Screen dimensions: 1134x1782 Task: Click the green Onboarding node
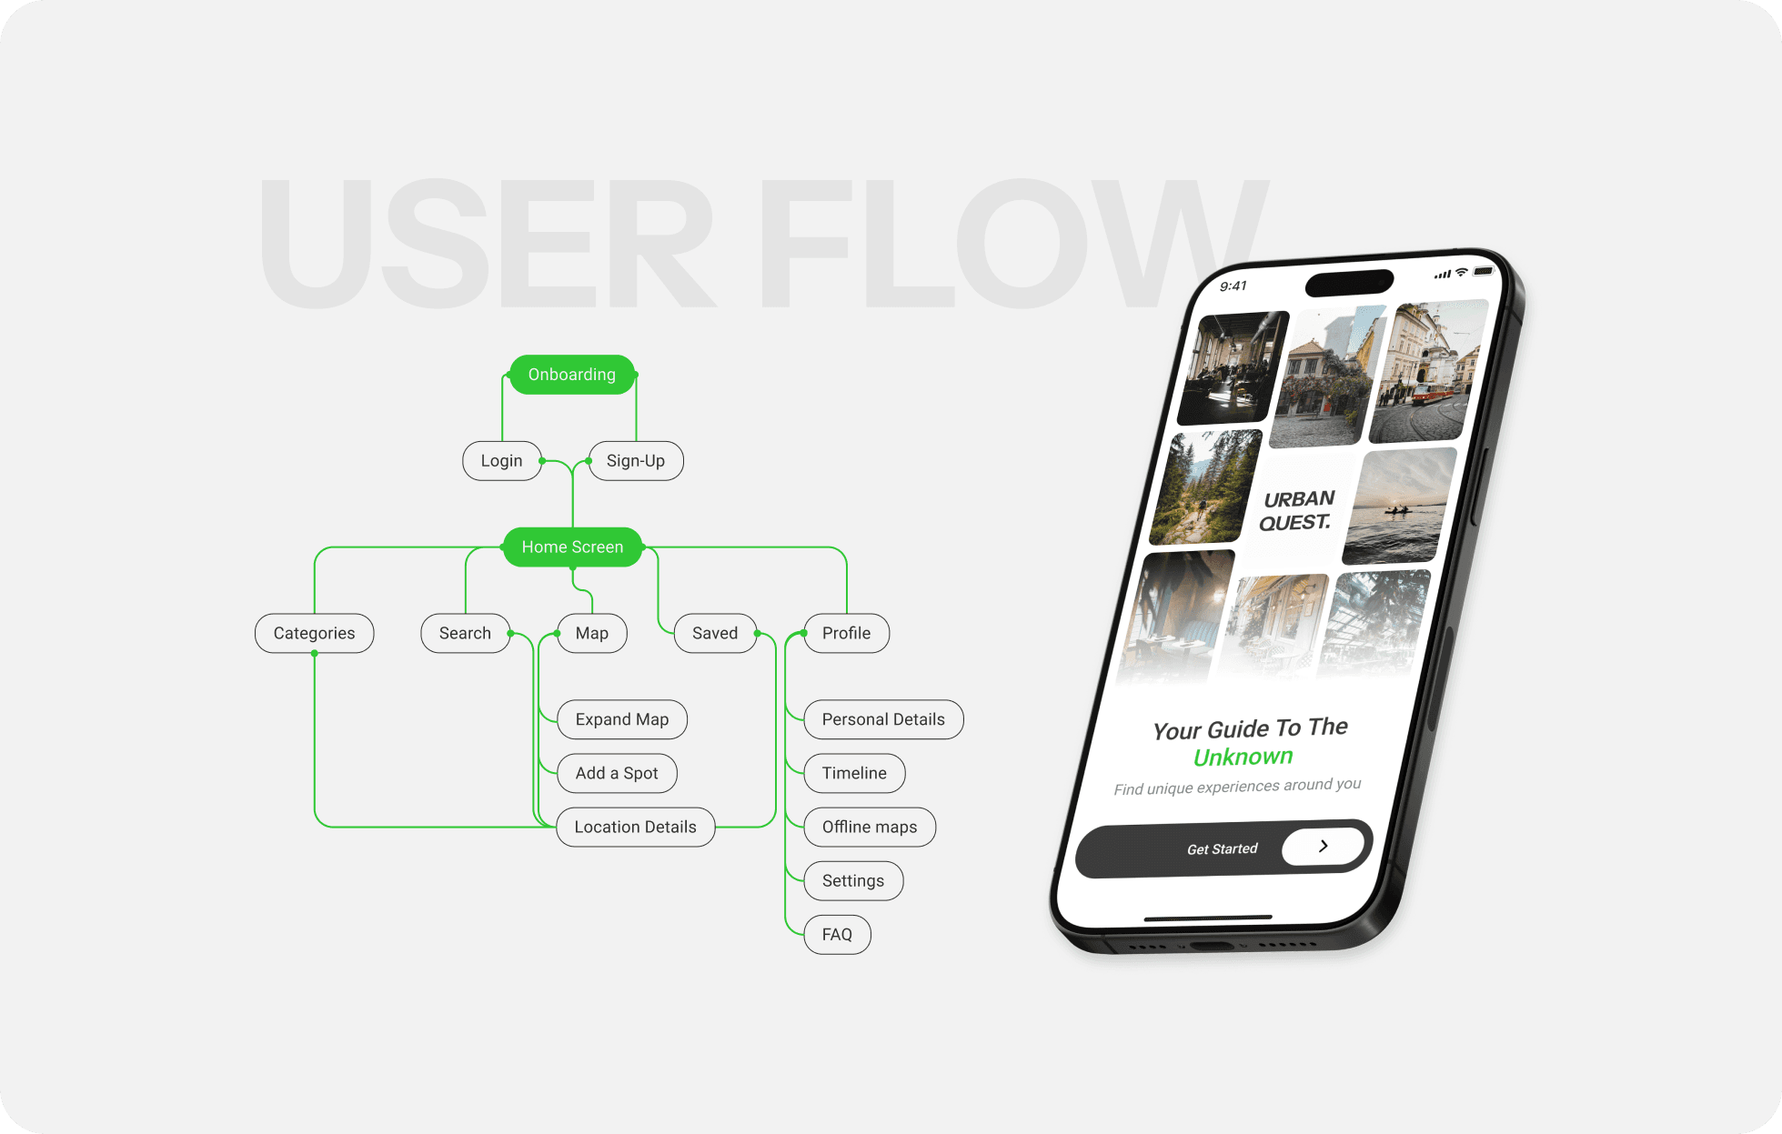pyautogui.click(x=571, y=375)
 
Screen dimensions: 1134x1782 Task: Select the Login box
pyautogui.click(x=501, y=461)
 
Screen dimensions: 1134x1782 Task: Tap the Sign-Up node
pyautogui.click(x=635, y=461)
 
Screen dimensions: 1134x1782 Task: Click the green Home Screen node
pyautogui.click(x=572, y=547)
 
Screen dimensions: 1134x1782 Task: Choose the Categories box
pyautogui.click(x=314, y=634)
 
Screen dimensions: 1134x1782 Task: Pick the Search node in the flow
pyautogui.click(x=465, y=634)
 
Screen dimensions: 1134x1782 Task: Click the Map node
pyautogui.click(x=591, y=634)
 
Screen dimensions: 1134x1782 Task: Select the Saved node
pyautogui.click(x=715, y=634)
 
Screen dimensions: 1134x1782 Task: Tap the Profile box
pyautogui.click(x=846, y=634)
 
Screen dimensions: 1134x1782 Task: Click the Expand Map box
pyautogui.click(x=621, y=719)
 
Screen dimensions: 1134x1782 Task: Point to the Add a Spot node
pyautogui.click(x=616, y=773)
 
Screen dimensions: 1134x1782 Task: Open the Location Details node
pyautogui.click(x=635, y=828)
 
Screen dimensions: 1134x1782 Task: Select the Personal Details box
pyautogui.click(x=883, y=719)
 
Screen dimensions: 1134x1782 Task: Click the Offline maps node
pyautogui.click(x=869, y=828)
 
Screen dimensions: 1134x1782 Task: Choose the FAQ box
pyautogui.click(x=837, y=935)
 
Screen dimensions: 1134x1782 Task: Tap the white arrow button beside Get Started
pyautogui.click(x=1323, y=846)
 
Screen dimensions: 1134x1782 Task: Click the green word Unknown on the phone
pyautogui.click(x=1243, y=758)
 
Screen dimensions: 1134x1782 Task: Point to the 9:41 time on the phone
pyautogui.click(x=1233, y=286)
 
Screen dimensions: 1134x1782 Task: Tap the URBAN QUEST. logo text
pyautogui.click(x=1297, y=511)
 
